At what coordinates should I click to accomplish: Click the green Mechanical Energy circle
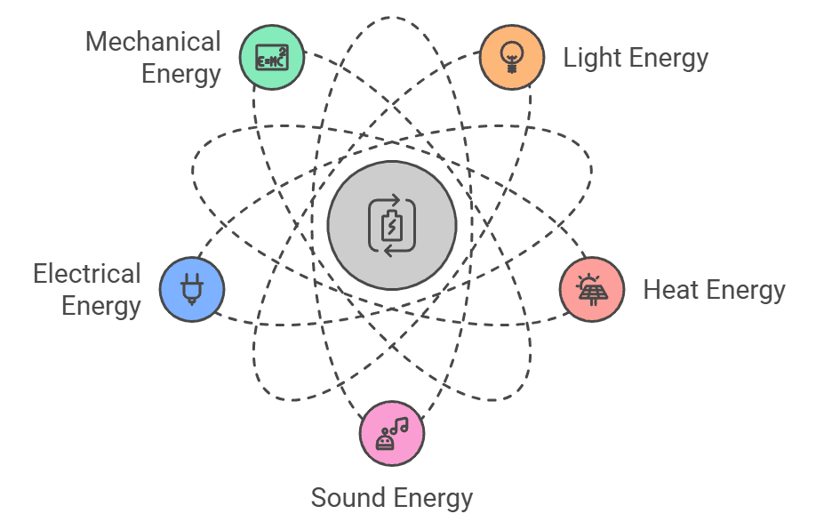pos(272,57)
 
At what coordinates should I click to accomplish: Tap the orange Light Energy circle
pos(511,57)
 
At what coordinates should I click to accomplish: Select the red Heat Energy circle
pos(591,289)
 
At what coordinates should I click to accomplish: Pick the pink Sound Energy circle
pos(392,434)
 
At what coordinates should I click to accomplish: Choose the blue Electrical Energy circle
pos(192,289)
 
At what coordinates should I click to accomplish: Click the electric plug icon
pos(192,290)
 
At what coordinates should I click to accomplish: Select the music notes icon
pos(392,434)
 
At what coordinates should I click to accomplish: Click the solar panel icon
pos(591,290)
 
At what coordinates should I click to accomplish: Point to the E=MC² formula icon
pos(272,58)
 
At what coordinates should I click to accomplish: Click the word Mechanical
pos(153,42)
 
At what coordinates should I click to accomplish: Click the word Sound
pos(344,497)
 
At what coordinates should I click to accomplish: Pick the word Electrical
pos(87,274)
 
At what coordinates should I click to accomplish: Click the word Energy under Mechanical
pos(180,73)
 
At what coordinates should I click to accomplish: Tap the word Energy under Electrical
pos(101,306)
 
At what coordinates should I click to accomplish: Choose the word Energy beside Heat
pos(744,290)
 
